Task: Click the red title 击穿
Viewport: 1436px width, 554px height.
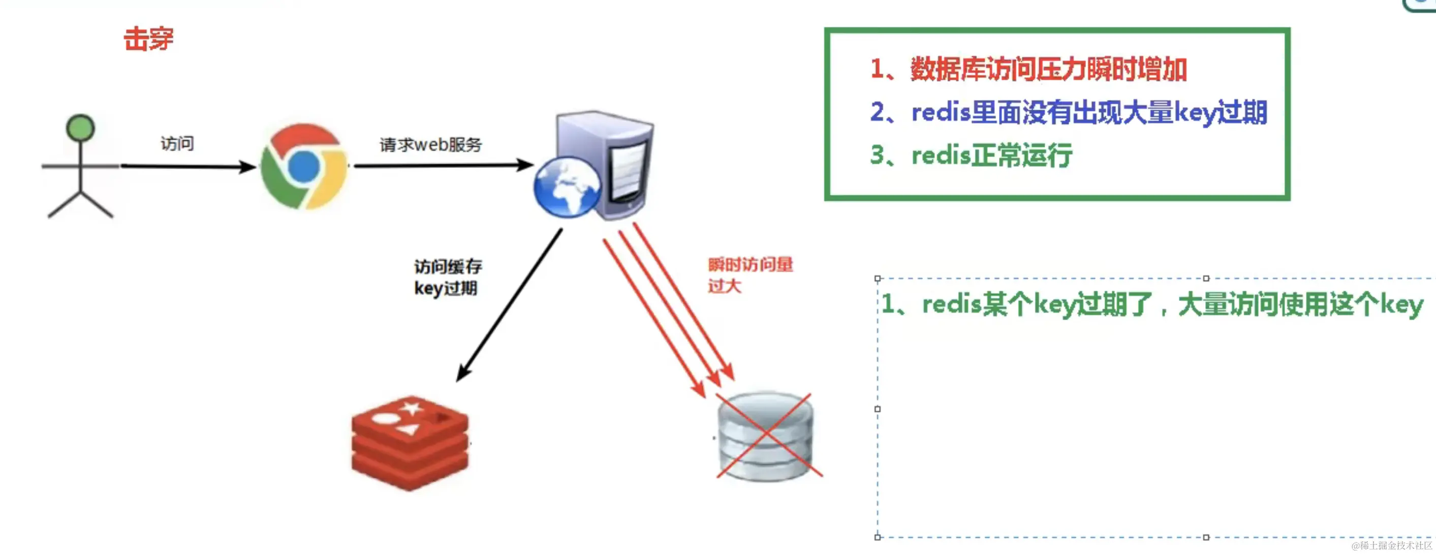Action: [148, 40]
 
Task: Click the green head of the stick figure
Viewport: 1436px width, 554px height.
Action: [80, 128]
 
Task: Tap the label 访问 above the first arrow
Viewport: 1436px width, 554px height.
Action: [177, 144]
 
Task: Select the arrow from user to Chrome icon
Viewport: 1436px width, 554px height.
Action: [187, 166]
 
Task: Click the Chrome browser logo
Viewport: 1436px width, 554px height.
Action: [304, 167]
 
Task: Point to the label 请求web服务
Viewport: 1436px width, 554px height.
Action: [430, 145]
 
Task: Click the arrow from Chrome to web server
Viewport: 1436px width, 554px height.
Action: [443, 165]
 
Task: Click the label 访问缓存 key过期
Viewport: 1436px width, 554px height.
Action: [448, 278]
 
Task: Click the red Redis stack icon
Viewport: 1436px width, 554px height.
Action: [410, 443]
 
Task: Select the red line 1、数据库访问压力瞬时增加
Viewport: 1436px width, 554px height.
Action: [1028, 70]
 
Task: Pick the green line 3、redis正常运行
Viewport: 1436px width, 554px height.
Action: [971, 155]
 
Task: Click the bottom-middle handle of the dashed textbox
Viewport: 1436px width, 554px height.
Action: [1206, 537]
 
